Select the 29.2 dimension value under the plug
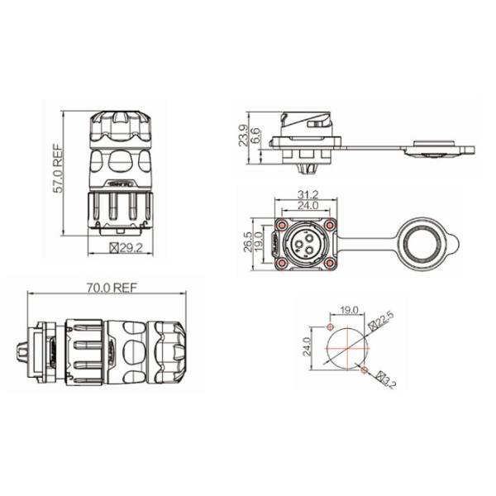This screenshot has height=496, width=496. click(x=131, y=247)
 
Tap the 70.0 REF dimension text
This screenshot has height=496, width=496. click(x=110, y=288)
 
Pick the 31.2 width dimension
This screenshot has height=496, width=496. click(x=307, y=195)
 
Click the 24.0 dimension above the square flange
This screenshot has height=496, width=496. click(x=307, y=206)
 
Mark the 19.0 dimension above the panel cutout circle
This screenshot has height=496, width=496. click(x=349, y=312)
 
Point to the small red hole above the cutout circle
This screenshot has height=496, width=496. click(x=330, y=325)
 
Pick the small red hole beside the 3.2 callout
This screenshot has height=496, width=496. click(x=365, y=365)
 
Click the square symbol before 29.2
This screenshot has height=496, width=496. click(x=114, y=247)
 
